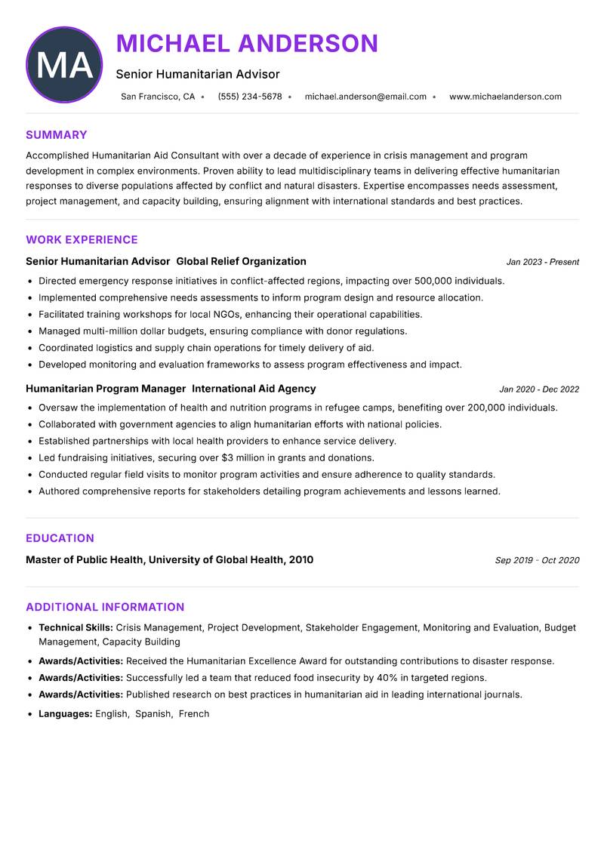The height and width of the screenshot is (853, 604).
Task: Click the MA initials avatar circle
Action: click(x=64, y=65)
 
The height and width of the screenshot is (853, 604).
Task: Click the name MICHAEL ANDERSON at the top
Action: click(x=247, y=43)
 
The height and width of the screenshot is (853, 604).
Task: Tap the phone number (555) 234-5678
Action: click(x=250, y=97)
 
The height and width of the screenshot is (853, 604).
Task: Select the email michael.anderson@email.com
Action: click(x=365, y=97)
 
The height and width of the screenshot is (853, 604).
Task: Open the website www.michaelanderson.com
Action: click(x=505, y=97)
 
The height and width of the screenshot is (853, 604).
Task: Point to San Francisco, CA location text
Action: click(x=158, y=97)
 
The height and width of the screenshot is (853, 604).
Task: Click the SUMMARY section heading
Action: click(x=57, y=135)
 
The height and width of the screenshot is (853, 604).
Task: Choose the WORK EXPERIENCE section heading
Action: click(x=82, y=240)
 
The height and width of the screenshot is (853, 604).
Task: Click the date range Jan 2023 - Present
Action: click(x=542, y=262)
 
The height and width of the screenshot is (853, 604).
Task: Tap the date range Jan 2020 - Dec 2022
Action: click(x=539, y=390)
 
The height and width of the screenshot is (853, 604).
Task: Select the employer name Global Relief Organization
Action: click(x=241, y=261)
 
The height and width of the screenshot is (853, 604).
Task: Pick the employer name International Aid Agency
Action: click(x=254, y=389)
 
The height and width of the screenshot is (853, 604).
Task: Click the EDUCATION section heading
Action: click(x=60, y=538)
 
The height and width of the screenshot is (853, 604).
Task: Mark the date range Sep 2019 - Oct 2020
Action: click(x=537, y=560)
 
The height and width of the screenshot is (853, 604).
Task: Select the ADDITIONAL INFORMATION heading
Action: click(x=105, y=607)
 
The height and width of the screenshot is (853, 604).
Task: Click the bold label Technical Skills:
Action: click(x=75, y=627)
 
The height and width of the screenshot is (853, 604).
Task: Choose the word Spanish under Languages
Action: click(x=153, y=713)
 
